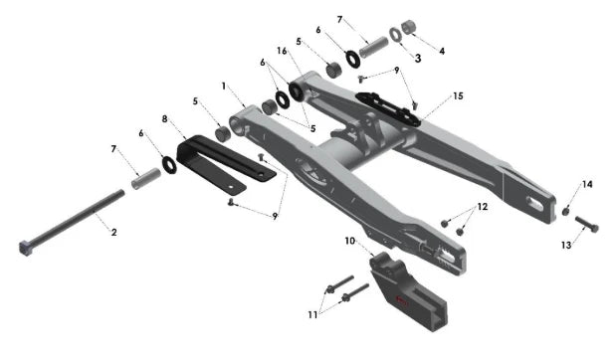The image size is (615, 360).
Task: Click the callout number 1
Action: tap(224, 86)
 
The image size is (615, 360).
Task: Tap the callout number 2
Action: tap(113, 232)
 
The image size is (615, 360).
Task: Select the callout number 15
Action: tap(458, 96)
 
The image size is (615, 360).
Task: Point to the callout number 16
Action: tap(282, 51)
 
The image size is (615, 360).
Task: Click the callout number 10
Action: tap(350, 241)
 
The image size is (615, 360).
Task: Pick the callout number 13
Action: tap(566, 246)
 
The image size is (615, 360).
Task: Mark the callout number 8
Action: tap(165, 118)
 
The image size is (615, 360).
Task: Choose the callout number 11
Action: tap(312, 315)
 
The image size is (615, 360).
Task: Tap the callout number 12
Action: tap(483, 207)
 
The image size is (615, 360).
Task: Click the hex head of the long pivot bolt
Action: tap(25, 248)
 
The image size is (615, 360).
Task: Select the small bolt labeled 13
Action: tap(587, 224)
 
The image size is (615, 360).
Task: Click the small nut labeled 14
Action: tap(565, 212)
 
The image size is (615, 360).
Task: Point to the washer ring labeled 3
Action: tap(395, 35)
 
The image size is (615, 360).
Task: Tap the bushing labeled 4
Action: tap(408, 27)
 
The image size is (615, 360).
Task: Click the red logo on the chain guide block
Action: tap(401, 301)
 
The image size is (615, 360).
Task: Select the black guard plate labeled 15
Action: tap(387, 109)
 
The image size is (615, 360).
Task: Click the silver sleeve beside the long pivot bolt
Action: tap(146, 179)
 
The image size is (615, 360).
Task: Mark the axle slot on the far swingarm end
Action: tap(536, 204)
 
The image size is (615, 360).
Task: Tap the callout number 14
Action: tap(587, 184)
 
